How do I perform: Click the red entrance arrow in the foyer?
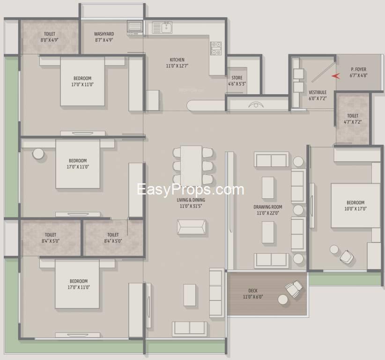pyautogui.click(x=336, y=76)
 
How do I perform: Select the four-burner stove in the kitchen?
pyautogui.click(x=216, y=48)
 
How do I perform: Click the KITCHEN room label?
pyautogui.click(x=177, y=60)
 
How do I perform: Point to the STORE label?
pyautogui.click(x=237, y=78)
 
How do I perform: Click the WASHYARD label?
pyautogui.click(x=104, y=34)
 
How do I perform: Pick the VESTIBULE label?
pyautogui.click(x=318, y=92)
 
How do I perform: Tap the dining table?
pyautogui.click(x=191, y=165)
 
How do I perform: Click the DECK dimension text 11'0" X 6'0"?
pyautogui.click(x=253, y=297)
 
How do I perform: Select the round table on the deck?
pyautogui.click(x=282, y=300)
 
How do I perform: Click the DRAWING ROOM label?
pyautogui.click(x=268, y=207)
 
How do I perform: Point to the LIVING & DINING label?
pyautogui.click(x=191, y=200)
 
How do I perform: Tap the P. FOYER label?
pyautogui.click(x=358, y=69)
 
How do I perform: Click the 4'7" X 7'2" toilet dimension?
pyautogui.click(x=353, y=121)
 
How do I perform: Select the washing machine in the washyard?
pyautogui.click(x=135, y=28)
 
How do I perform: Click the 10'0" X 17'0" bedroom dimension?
pyautogui.click(x=355, y=209)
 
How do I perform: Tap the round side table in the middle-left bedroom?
pyautogui.click(x=38, y=154)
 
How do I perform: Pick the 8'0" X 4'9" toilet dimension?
pyautogui.click(x=49, y=40)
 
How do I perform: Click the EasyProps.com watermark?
pyautogui.click(x=191, y=190)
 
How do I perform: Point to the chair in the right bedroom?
pyautogui.click(x=347, y=256)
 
